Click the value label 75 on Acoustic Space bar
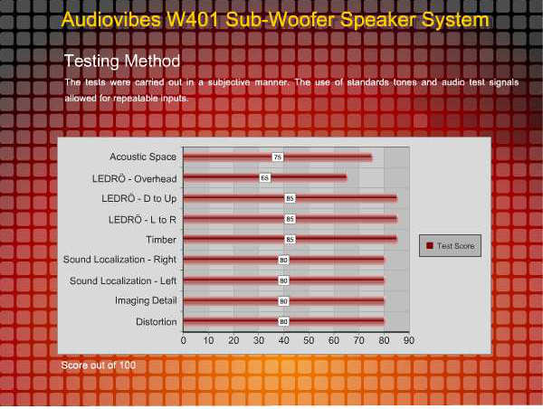278,157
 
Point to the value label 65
264,177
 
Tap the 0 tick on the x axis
184,340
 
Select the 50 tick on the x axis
309,340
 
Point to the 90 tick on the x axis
409,340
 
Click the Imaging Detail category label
145,300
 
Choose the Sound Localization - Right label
119,260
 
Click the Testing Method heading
121,61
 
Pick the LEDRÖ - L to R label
142,219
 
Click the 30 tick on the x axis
259,340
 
